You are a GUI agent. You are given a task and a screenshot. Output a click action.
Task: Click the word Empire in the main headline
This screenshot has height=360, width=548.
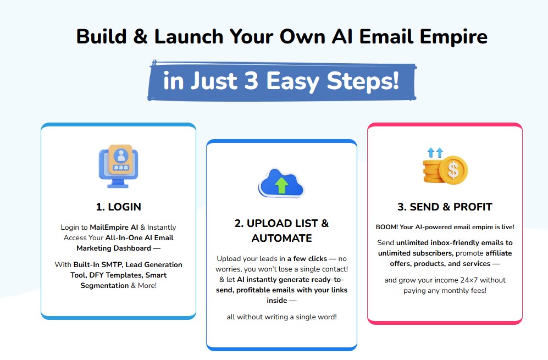click(453, 37)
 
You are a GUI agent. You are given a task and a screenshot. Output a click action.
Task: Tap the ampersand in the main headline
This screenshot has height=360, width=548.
click(140, 36)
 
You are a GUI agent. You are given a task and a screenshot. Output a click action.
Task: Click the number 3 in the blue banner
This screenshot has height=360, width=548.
click(251, 81)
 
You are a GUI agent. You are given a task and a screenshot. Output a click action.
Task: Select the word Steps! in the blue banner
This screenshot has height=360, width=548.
click(362, 82)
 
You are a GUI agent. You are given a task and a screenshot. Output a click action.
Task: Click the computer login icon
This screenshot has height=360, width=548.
click(119, 166)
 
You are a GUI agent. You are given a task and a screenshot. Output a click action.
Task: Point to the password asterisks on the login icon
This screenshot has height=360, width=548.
click(120, 168)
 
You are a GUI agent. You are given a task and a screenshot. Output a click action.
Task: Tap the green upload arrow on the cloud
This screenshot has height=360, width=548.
click(281, 185)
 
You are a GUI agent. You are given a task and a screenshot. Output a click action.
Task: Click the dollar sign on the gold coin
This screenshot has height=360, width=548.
click(453, 170)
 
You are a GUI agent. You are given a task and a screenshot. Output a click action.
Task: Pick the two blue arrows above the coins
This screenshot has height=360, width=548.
click(435, 152)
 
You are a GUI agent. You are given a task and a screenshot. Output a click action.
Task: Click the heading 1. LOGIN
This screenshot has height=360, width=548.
click(119, 207)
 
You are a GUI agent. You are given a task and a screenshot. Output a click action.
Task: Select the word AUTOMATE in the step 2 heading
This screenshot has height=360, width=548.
click(281, 238)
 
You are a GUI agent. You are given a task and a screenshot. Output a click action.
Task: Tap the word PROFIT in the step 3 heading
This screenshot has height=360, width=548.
click(473, 207)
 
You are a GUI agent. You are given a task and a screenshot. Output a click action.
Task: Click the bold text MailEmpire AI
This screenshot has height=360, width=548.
click(114, 227)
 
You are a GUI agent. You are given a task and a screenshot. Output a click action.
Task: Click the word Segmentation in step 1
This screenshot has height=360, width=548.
click(104, 286)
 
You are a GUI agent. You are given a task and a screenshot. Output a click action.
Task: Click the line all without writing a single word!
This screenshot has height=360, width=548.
click(281, 317)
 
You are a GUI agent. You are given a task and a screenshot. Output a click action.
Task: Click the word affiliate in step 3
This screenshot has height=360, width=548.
click(499, 253)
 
